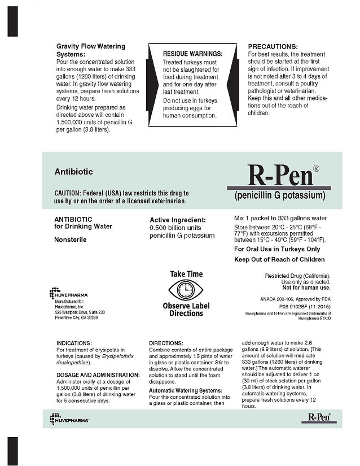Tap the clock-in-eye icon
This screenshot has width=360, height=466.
pos(186,290)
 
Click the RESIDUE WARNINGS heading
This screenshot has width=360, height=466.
pos(192,54)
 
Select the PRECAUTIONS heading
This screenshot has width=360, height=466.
pos(273,46)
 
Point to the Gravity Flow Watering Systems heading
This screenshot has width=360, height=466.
pos(91,50)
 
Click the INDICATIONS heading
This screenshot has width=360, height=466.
pos(77,343)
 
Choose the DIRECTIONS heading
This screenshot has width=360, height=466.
pos(166,343)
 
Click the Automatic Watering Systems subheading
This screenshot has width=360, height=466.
pos(186,390)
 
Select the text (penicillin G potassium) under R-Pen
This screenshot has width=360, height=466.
pos(279,196)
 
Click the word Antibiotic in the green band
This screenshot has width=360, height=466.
pos(73,171)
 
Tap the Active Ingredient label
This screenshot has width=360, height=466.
pos(177,220)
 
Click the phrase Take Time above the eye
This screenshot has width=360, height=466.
pos(186,274)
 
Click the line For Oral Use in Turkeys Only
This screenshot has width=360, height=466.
pos(277,249)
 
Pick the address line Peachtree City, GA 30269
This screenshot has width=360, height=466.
pos(76,317)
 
